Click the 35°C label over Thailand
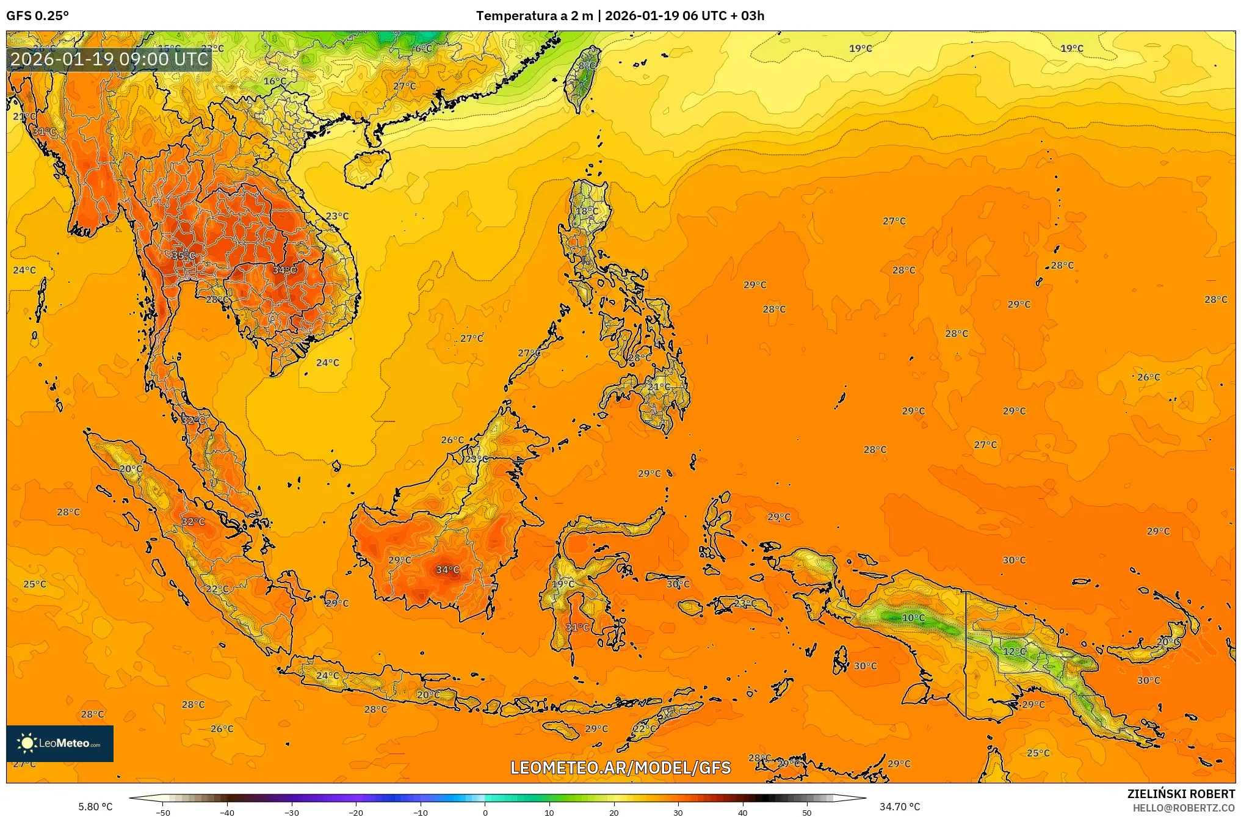click(183, 256)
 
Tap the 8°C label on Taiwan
click(587, 65)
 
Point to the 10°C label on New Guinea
click(913, 618)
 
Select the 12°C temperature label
click(1015, 652)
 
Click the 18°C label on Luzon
click(587, 211)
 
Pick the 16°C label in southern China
click(275, 81)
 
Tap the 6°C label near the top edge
click(423, 49)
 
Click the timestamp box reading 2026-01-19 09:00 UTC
click(110, 59)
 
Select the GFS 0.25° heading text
click(38, 16)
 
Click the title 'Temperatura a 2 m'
click(534, 16)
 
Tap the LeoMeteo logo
click(60, 743)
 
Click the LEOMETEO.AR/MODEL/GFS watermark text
click(620, 768)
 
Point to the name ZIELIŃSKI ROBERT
click(1181, 794)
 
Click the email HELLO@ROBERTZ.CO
click(1184, 808)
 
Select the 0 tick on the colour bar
click(485, 812)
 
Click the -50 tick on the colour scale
click(163, 812)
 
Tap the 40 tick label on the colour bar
click(742, 812)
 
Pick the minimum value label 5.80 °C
click(95, 807)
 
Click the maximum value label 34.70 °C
click(899, 807)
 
